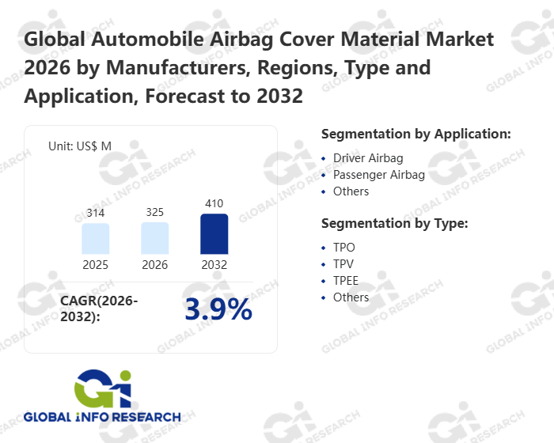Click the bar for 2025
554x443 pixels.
coord(96,238)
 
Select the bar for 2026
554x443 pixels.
coord(155,238)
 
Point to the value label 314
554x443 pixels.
coord(96,214)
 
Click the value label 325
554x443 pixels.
coord(155,212)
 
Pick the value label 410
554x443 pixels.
coord(214,203)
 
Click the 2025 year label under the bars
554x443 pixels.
coord(96,265)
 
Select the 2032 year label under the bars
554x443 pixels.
coord(214,265)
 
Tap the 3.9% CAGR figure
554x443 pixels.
coord(218,310)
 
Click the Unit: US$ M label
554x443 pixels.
coord(80,146)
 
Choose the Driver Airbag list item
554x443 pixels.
coord(368,158)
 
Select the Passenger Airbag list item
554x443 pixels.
coord(379,175)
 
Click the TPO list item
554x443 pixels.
coord(344,248)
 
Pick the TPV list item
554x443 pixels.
coord(344,264)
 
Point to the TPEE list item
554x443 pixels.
coord(347,281)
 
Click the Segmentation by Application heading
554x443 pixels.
coord(416,134)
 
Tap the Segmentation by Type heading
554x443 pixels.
coord(395,223)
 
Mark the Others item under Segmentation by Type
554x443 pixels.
coord(351,297)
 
